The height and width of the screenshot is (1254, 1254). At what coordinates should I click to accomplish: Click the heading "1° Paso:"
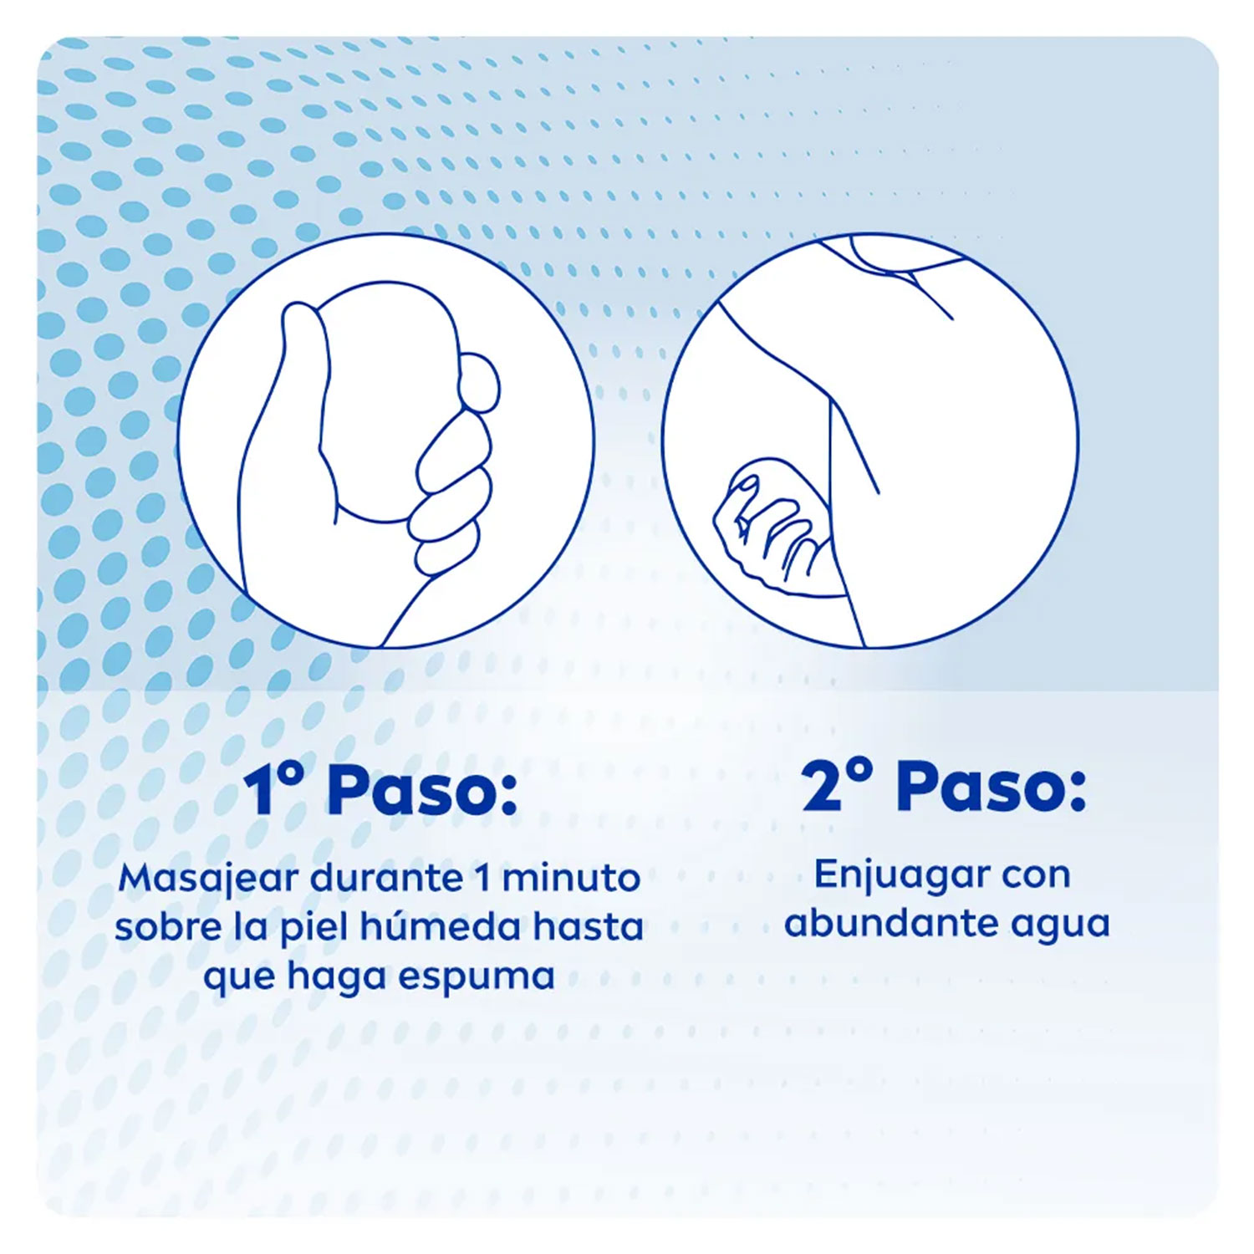[x=380, y=790]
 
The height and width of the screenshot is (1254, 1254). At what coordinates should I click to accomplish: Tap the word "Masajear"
[x=209, y=879]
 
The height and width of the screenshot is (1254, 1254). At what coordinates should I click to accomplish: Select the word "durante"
[x=385, y=878]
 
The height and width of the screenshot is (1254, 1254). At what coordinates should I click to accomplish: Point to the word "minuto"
[x=571, y=878]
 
